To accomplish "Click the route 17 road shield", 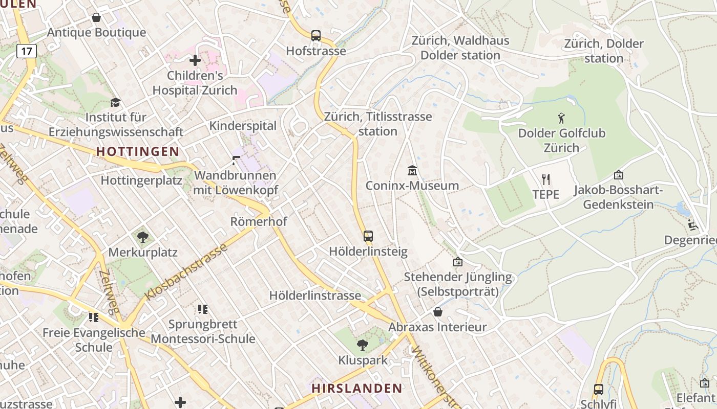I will coord(27,51).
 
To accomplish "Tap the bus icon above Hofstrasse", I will coord(316,36).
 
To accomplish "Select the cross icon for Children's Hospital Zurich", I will coord(195,61).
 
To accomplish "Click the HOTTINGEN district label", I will coord(138,151).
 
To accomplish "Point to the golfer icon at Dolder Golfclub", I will coord(562,118).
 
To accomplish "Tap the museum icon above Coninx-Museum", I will coord(412,170).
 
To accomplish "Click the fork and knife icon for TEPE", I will coord(546,179).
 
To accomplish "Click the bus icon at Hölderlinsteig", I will coord(368,236).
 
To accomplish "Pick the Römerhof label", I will coord(259,222).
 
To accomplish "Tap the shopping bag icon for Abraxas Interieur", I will coord(438,312).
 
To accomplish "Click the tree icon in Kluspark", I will coord(363,345).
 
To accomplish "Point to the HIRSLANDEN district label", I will coord(357,388).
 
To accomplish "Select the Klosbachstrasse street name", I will coord(186,272).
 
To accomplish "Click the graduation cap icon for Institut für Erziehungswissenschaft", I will coord(116,102).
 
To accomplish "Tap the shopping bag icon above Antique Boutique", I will coord(96,18).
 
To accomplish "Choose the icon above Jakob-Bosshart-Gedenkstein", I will coord(618,175).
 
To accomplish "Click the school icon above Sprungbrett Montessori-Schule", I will coord(203,309).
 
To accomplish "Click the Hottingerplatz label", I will coord(141,180).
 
